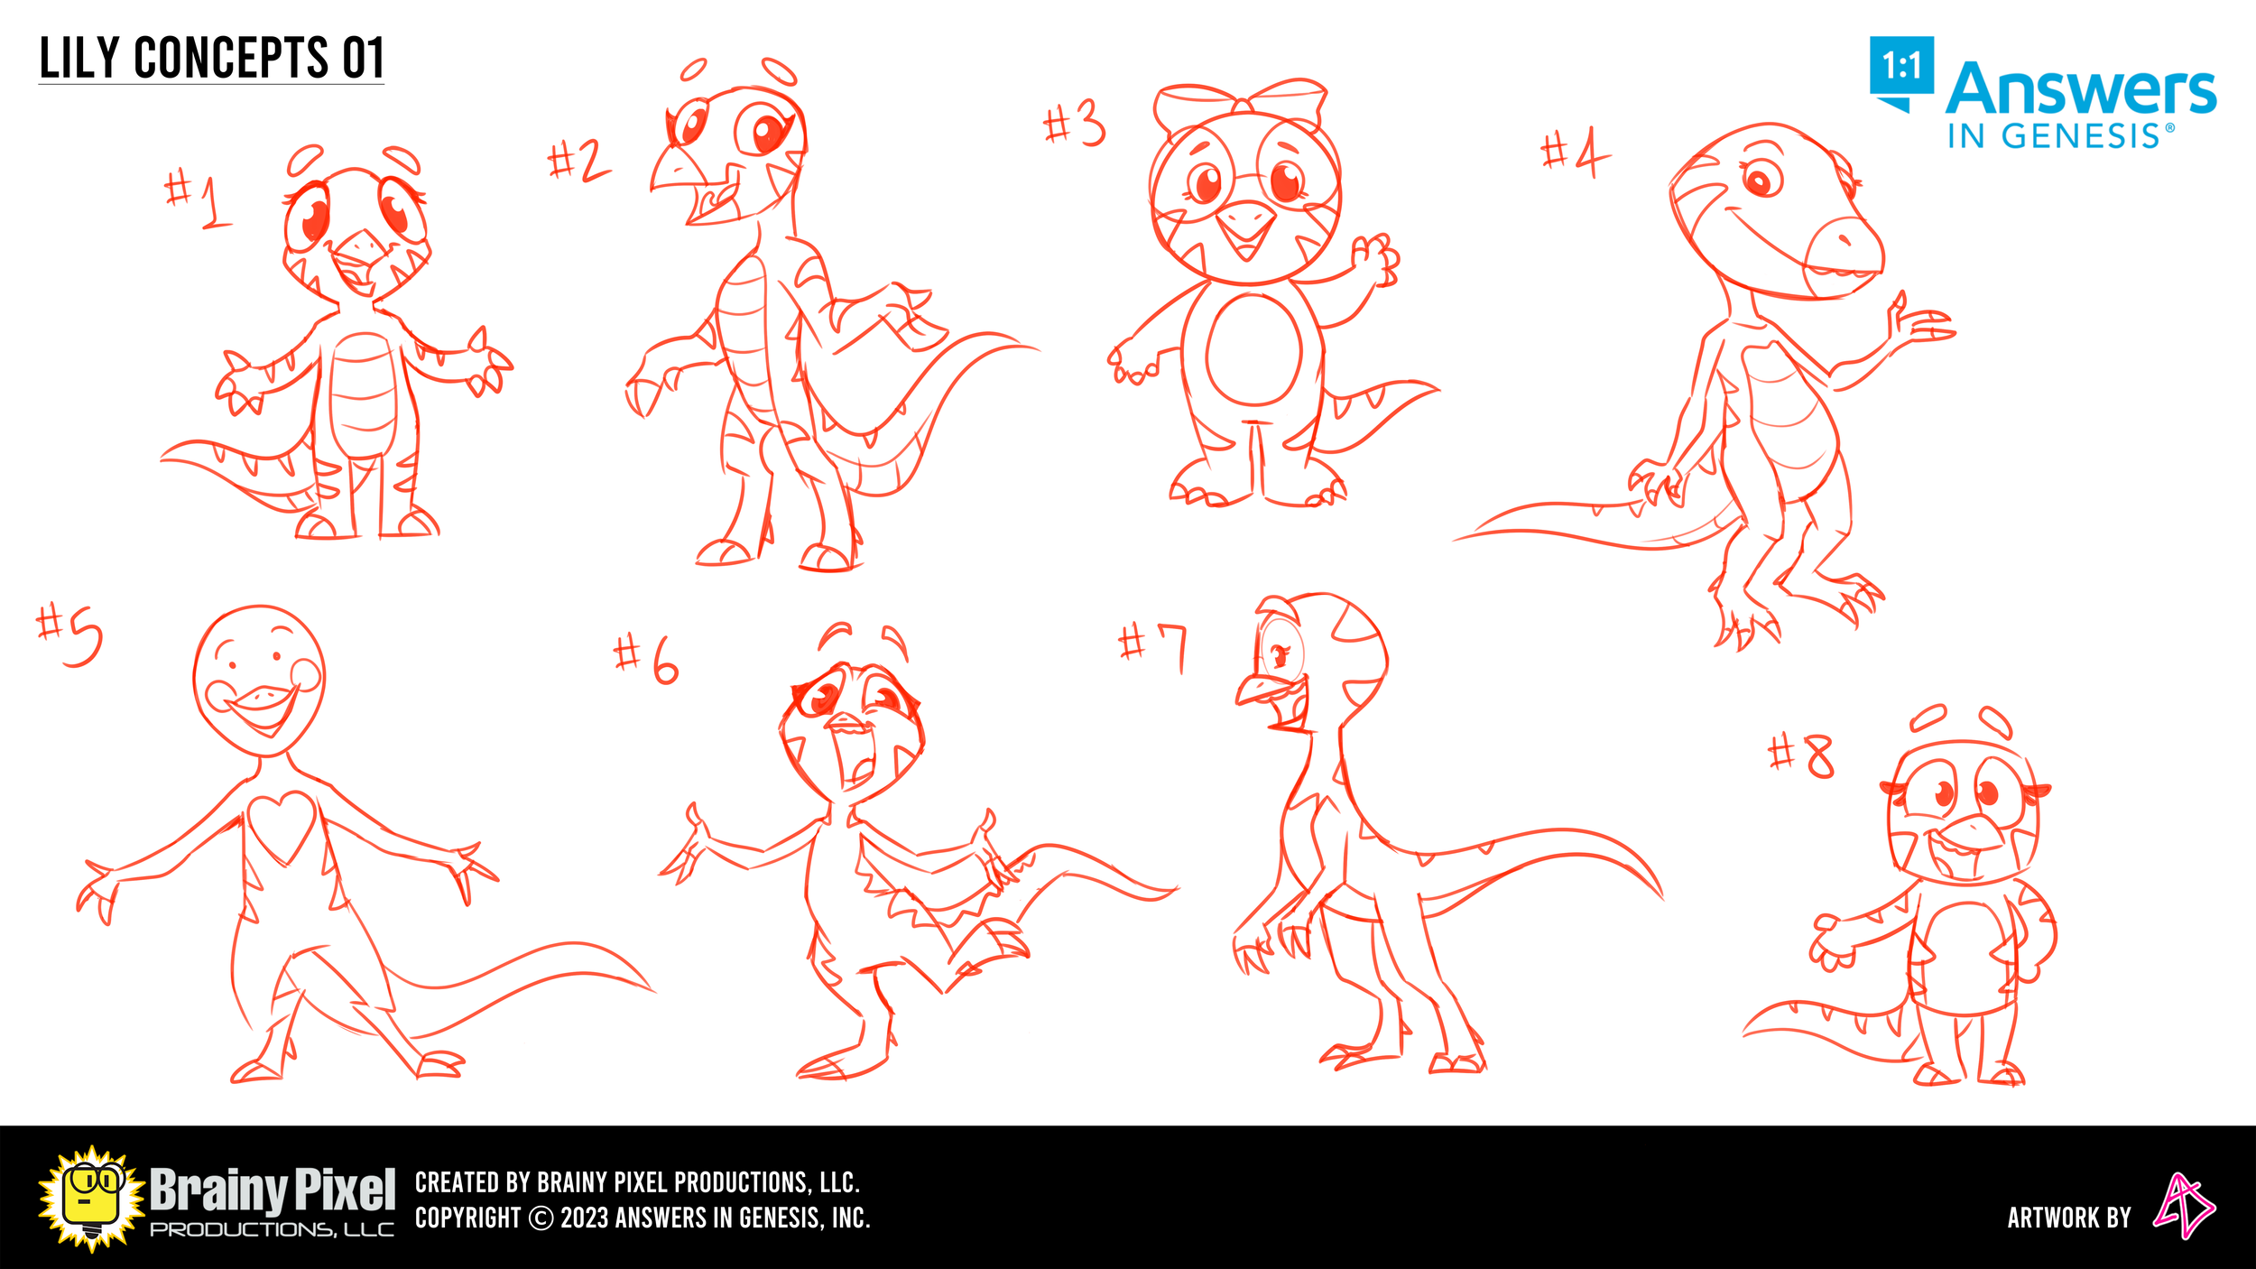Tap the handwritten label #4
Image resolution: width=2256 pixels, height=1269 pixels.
pos(1575,153)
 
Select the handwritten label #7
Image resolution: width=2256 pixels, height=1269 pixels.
pos(1153,646)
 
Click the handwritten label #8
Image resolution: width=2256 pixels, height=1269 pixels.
pos(1801,755)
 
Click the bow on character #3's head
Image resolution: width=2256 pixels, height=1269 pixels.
pos(1241,105)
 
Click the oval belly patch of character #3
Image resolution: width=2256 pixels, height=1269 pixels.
pos(1253,349)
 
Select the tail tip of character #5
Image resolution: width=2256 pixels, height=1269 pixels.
pos(652,990)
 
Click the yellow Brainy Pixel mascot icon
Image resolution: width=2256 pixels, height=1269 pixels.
pos(91,1199)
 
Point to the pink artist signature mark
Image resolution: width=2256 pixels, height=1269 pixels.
pos(2184,1206)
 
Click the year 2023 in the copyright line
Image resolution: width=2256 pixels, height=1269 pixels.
pos(584,1218)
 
